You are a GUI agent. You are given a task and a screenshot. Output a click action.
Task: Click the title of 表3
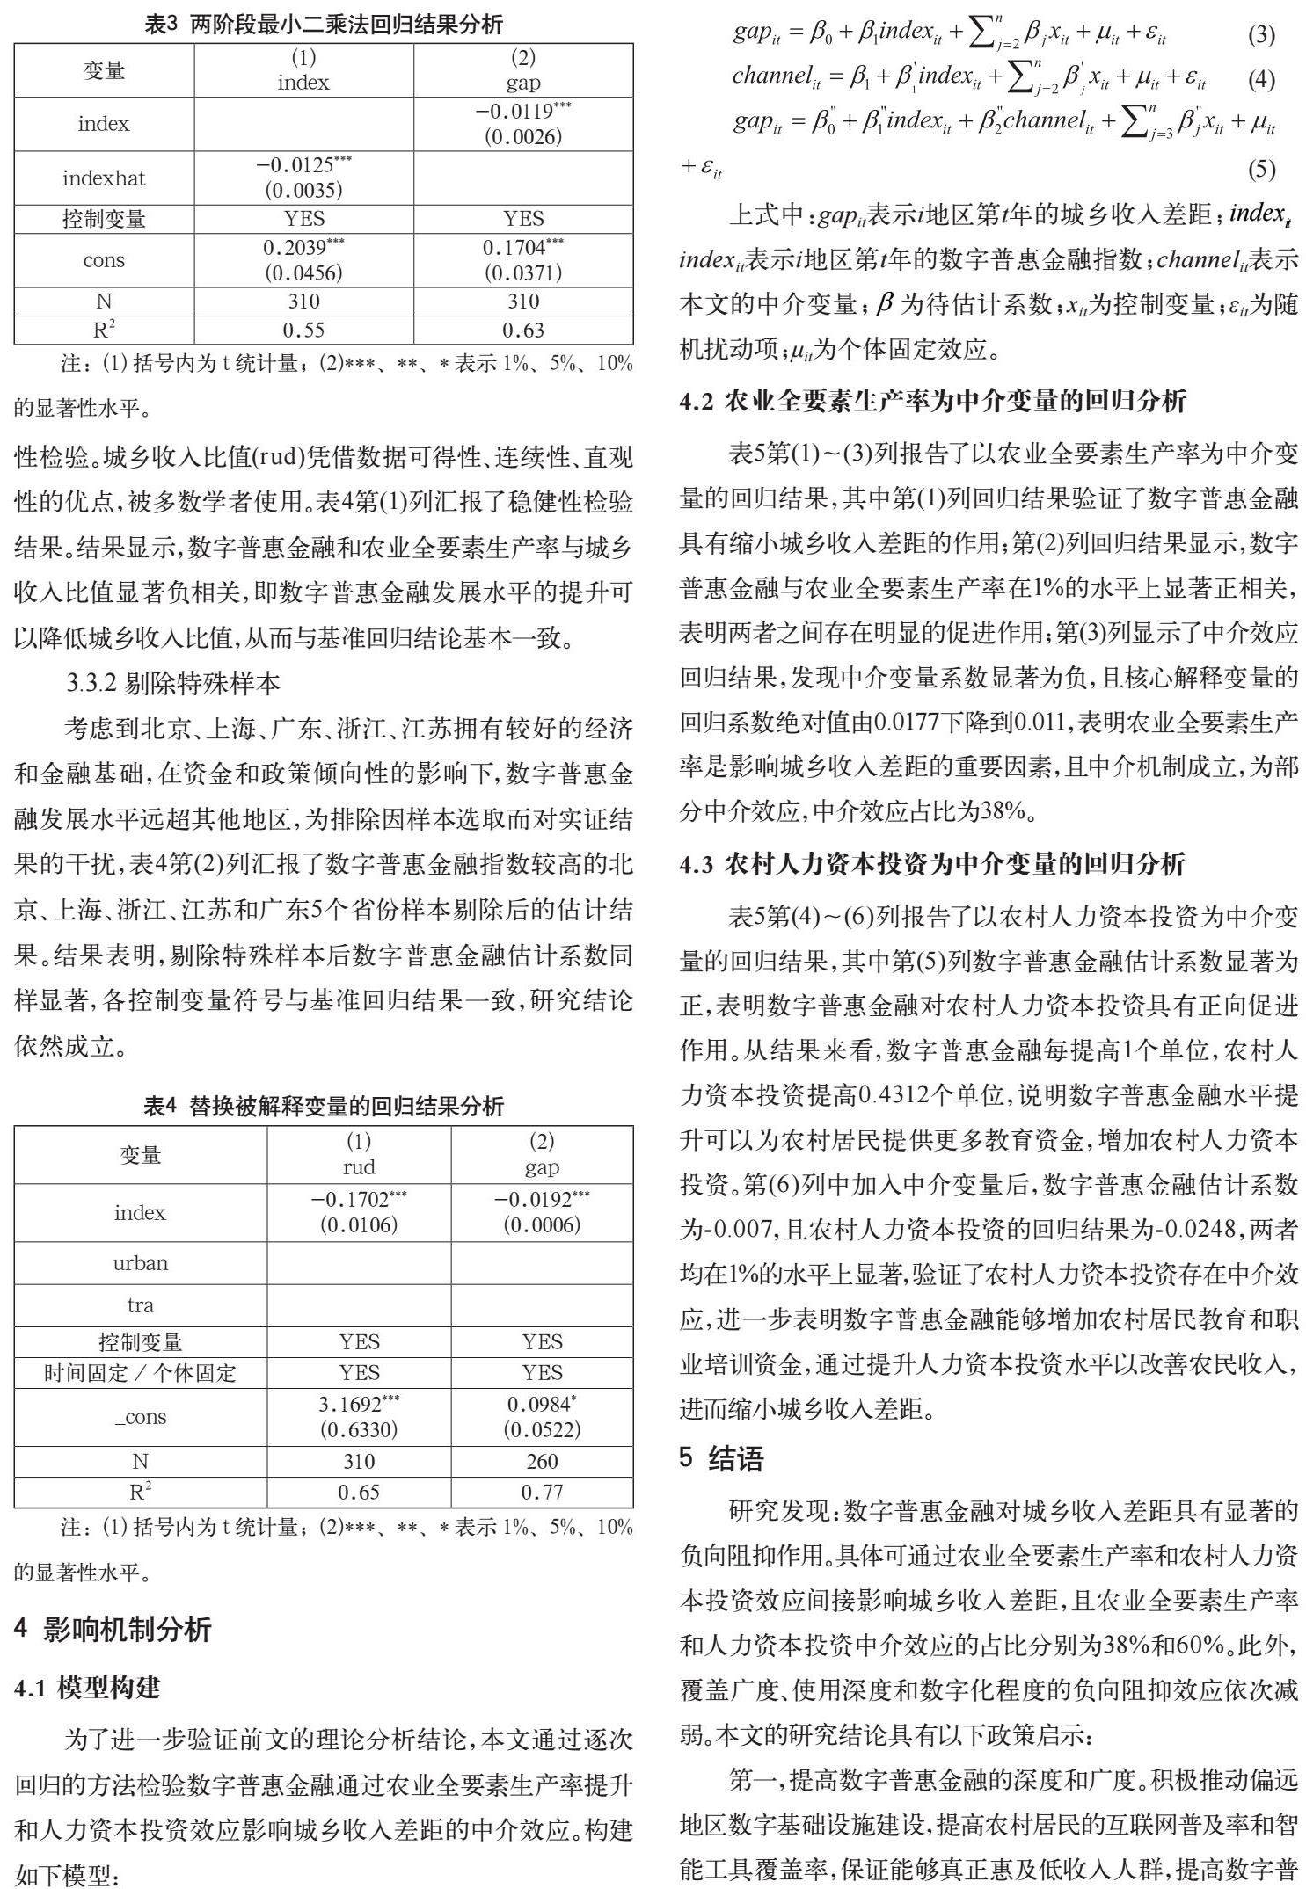tap(324, 24)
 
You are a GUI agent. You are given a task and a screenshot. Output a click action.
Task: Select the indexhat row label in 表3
tap(104, 178)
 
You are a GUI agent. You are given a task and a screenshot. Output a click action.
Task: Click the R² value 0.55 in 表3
tap(303, 331)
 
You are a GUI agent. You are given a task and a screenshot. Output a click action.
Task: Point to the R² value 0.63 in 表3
tap(523, 331)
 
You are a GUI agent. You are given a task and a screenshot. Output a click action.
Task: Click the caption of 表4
tap(324, 1106)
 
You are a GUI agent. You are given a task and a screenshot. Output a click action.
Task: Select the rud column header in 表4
tap(359, 1166)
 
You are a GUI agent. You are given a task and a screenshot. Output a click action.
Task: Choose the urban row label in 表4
tap(140, 1263)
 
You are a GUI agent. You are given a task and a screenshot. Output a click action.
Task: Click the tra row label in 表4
tap(140, 1305)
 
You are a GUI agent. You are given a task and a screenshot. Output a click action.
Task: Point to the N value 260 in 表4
tap(542, 1461)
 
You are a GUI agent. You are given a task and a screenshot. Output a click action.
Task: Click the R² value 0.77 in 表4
tap(542, 1492)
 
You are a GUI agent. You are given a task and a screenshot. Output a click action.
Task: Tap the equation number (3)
tap(1261, 35)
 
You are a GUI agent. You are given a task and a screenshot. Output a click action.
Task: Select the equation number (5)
tap(1261, 169)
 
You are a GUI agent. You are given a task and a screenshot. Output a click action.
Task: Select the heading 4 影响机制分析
tap(113, 1630)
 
